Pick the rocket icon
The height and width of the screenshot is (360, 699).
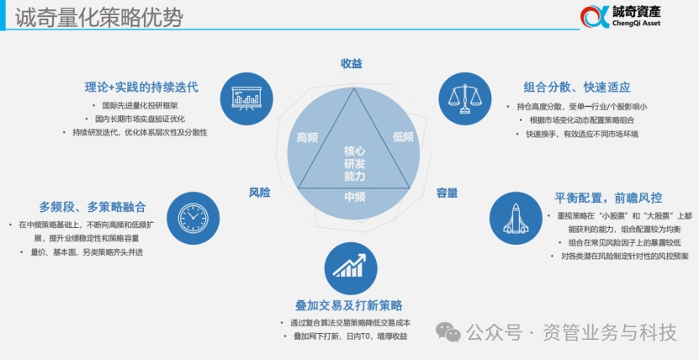point(514,215)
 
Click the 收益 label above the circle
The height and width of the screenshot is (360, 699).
point(351,64)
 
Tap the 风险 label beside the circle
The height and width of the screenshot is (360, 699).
point(259,193)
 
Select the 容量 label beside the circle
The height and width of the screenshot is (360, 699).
point(447,193)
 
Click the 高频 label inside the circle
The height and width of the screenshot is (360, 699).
point(309,137)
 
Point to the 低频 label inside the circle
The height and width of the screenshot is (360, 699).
point(403,137)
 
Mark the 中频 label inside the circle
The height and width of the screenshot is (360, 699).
point(354,197)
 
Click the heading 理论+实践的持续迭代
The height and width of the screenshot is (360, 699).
point(140,87)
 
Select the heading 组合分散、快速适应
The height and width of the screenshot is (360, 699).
point(577,87)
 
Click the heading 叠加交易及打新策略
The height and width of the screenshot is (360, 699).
point(348,304)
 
